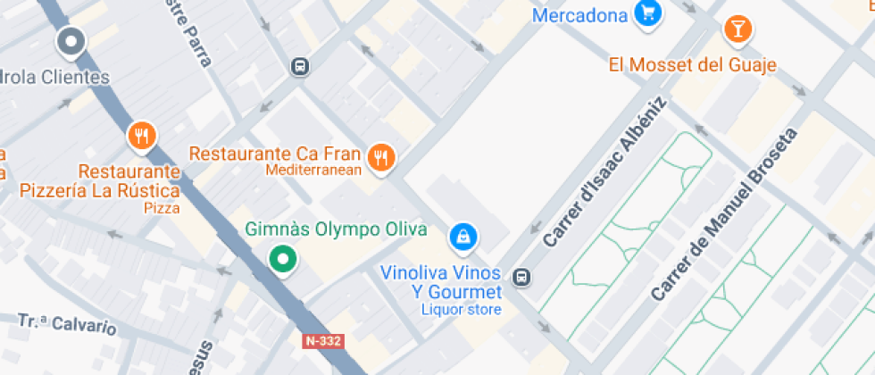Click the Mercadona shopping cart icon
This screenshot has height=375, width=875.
(647, 13)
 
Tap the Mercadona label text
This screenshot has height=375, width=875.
(579, 15)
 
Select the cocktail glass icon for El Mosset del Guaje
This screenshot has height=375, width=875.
(737, 29)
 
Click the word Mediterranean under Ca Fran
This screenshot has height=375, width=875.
(313, 170)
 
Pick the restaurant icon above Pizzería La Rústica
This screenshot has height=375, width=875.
(141, 137)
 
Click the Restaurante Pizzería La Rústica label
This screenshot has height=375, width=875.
(99, 180)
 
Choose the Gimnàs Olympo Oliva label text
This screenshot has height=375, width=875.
(336, 229)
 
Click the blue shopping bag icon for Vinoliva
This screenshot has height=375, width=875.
(463, 237)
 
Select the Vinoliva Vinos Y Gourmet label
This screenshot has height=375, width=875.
(441, 282)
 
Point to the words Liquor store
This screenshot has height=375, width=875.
(462, 310)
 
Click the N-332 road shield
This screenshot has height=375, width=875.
(323, 341)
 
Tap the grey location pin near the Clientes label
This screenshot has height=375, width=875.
(71, 41)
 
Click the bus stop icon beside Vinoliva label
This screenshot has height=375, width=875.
(522, 279)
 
